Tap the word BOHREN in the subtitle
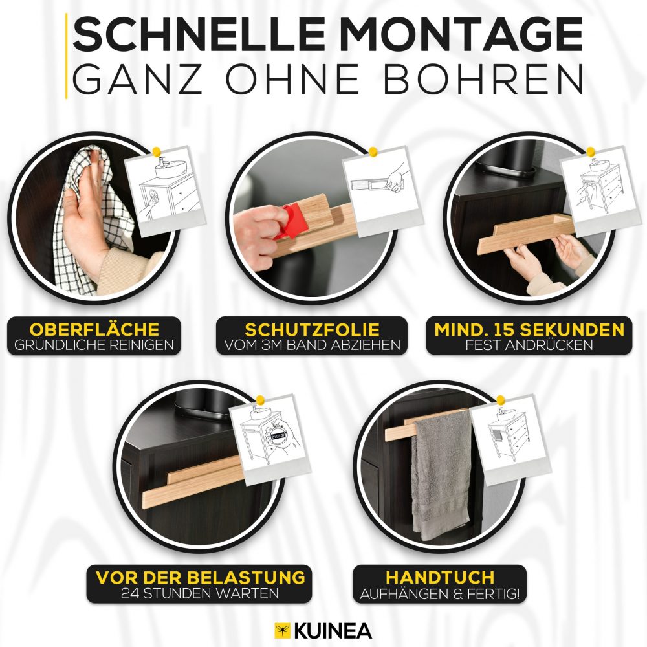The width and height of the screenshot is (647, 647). (x=483, y=78)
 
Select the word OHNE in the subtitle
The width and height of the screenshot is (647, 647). (x=292, y=78)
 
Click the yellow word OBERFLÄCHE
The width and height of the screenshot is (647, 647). (x=94, y=329)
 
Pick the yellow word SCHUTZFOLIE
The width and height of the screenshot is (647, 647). (x=312, y=330)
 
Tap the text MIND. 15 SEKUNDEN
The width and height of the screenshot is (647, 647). (x=529, y=330)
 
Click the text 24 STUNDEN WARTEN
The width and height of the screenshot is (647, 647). (x=200, y=593)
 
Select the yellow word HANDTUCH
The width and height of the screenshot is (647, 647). (x=440, y=577)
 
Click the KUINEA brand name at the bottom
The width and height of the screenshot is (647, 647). (x=333, y=631)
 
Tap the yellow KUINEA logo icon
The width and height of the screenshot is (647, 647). (x=283, y=631)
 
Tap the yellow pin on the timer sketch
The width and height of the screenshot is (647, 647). (x=260, y=400)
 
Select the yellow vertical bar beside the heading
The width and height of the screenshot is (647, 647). (x=66, y=56)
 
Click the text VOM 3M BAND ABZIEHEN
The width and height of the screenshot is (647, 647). (x=312, y=345)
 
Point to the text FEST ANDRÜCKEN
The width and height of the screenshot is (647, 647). (x=529, y=345)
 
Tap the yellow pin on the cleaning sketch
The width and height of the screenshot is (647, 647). (x=157, y=152)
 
